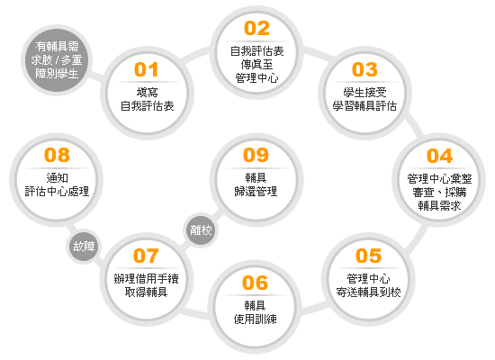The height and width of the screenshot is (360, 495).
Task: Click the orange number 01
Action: (x=146, y=69)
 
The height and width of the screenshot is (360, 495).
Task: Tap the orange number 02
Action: (x=256, y=29)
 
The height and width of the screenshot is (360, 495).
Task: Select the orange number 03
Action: (x=364, y=69)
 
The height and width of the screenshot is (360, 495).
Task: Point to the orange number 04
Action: (x=439, y=156)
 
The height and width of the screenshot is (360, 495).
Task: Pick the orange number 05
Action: (x=368, y=256)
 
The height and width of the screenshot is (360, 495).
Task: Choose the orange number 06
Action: (x=255, y=283)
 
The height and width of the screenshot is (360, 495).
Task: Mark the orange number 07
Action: (x=146, y=256)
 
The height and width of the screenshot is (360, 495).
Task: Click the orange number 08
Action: (x=57, y=155)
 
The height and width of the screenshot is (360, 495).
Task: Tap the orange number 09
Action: (x=256, y=155)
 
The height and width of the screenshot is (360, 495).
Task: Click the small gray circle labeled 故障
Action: (x=84, y=247)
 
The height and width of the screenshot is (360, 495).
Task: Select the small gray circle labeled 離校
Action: (x=201, y=229)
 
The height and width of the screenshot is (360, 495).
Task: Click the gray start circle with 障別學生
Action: (x=57, y=60)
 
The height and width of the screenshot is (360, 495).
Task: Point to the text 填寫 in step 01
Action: (x=147, y=92)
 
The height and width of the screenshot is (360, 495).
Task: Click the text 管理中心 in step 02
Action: (x=256, y=77)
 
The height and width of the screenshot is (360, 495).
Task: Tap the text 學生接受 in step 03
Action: (x=364, y=92)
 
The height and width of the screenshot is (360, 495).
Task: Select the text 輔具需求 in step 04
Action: (x=439, y=206)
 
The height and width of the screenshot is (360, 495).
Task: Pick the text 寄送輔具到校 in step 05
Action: (x=368, y=292)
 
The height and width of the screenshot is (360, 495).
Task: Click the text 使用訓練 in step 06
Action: (x=255, y=319)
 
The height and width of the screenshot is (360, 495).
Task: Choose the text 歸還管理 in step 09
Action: (x=256, y=192)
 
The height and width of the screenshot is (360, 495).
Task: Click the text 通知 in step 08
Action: (x=57, y=178)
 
